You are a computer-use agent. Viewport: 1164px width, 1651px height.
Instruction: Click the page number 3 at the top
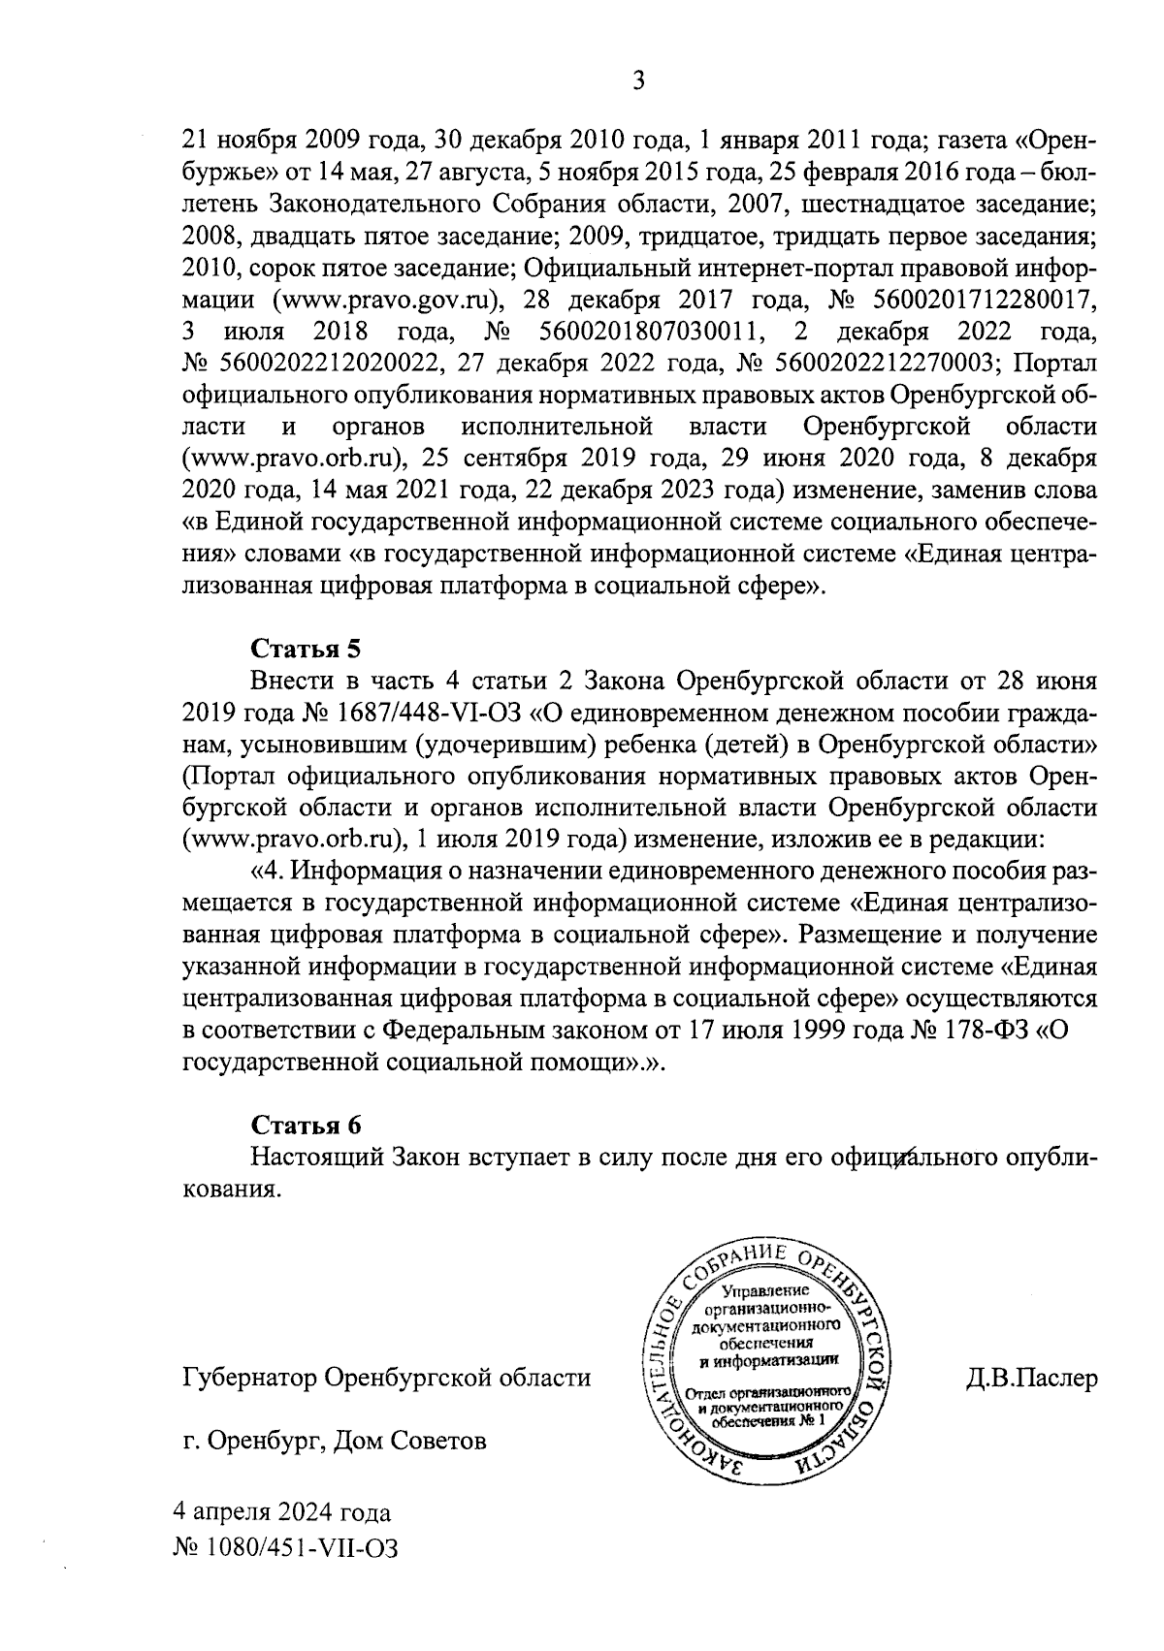[637, 80]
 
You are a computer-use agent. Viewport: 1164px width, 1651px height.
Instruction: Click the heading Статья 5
[306, 648]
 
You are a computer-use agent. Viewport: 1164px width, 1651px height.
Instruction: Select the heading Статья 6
[306, 1125]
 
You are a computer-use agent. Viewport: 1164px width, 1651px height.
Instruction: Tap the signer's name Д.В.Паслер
[1031, 1378]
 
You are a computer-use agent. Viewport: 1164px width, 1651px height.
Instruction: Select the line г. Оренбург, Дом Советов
[334, 1441]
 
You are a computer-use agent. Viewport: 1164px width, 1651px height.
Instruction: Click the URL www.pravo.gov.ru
[387, 300]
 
